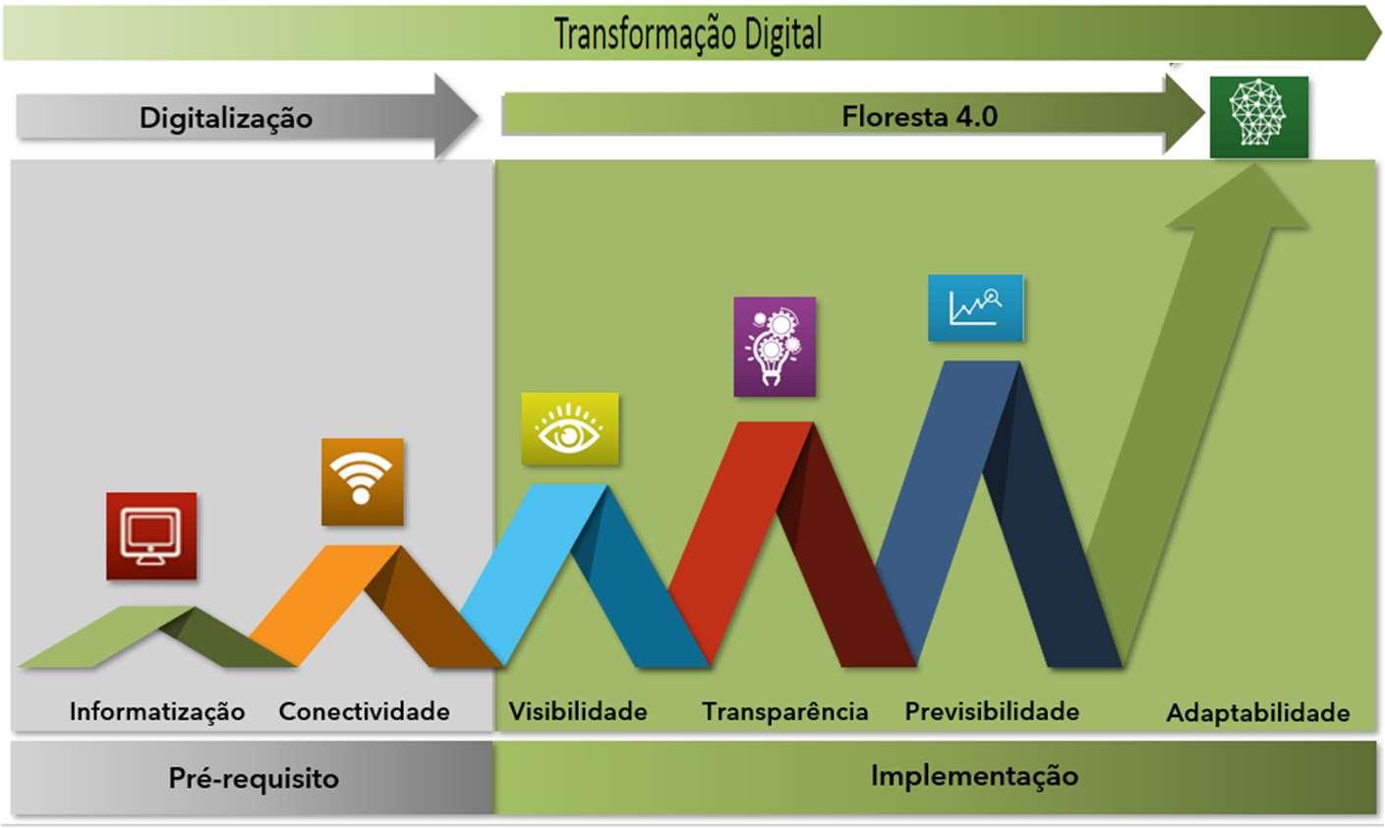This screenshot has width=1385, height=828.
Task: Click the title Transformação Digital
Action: point(688,34)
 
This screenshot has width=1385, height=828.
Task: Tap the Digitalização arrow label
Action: point(226,118)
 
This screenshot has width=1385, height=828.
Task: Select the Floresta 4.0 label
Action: point(919,117)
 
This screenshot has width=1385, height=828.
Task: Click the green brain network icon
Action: point(1258,116)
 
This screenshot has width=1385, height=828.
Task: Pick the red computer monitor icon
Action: point(151,535)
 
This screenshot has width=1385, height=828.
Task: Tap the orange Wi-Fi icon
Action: point(362,481)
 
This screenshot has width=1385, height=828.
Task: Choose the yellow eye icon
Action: point(569,429)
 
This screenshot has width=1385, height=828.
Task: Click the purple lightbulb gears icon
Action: point(775,347)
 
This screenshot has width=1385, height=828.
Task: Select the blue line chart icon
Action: point(975,308)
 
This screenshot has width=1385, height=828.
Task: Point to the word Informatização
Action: point(157,711)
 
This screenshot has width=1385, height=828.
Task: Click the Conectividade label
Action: point(364,711)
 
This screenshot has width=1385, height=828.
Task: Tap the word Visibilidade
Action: point(578,711)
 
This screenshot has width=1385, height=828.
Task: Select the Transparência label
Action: point(784,711)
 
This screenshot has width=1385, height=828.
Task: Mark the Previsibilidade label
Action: point(992,711)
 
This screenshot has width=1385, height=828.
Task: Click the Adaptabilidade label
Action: point(1257,713)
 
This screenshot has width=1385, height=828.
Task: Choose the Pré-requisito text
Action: point(254,778)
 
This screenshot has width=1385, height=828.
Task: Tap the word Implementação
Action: point(974,775)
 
